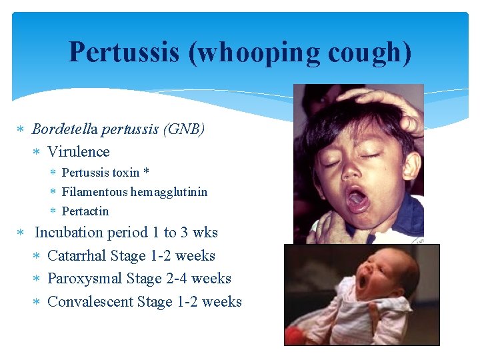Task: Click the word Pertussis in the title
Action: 124,52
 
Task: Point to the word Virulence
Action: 79,151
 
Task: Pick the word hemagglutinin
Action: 169,192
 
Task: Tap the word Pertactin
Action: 85,211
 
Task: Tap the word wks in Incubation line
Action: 205,233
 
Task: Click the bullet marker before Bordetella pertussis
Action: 21,129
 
